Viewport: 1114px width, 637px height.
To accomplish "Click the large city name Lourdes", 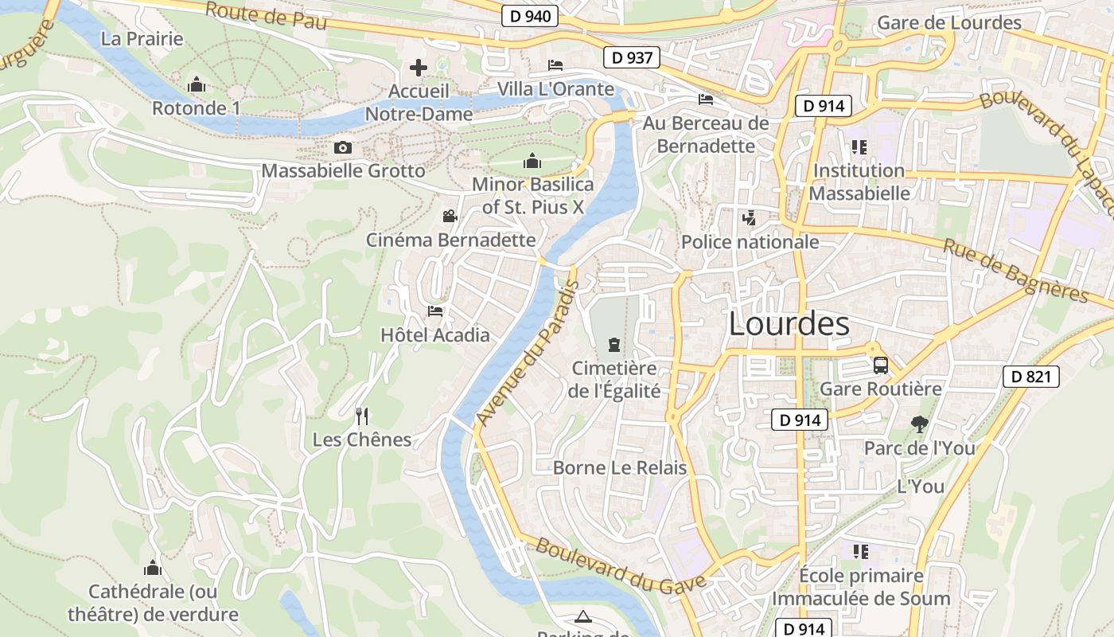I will (789, 324).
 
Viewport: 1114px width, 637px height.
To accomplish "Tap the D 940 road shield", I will (530, 16).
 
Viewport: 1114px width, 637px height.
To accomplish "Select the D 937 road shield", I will (632, 57).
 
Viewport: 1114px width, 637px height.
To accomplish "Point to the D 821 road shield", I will (1030, 377).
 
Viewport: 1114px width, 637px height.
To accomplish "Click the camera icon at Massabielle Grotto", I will (343, 147).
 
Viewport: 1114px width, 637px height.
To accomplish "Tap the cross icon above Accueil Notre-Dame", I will (419, 68).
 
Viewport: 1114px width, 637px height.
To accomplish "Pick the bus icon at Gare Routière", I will (881, 365).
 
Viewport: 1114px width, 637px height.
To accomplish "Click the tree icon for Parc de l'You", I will (919, 424).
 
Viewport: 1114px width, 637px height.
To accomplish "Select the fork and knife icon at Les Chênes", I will (362, 416).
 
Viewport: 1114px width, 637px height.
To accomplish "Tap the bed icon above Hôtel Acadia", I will (435, 311).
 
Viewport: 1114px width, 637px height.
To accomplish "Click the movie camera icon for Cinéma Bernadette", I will (450, 216).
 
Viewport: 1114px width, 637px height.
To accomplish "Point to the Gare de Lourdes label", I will (948, 22).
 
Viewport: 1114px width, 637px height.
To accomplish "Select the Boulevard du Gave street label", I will (620, 566).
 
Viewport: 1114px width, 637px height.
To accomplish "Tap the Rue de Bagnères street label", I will (1015, 271).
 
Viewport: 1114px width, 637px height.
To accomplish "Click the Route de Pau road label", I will (266, 16).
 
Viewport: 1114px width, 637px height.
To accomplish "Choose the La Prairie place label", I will (142, 38).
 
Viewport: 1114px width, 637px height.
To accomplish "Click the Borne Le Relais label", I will (619, 467).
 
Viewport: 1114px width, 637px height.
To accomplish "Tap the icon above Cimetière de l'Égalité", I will (613, 344).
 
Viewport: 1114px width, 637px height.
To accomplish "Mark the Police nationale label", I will (750, 241).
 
